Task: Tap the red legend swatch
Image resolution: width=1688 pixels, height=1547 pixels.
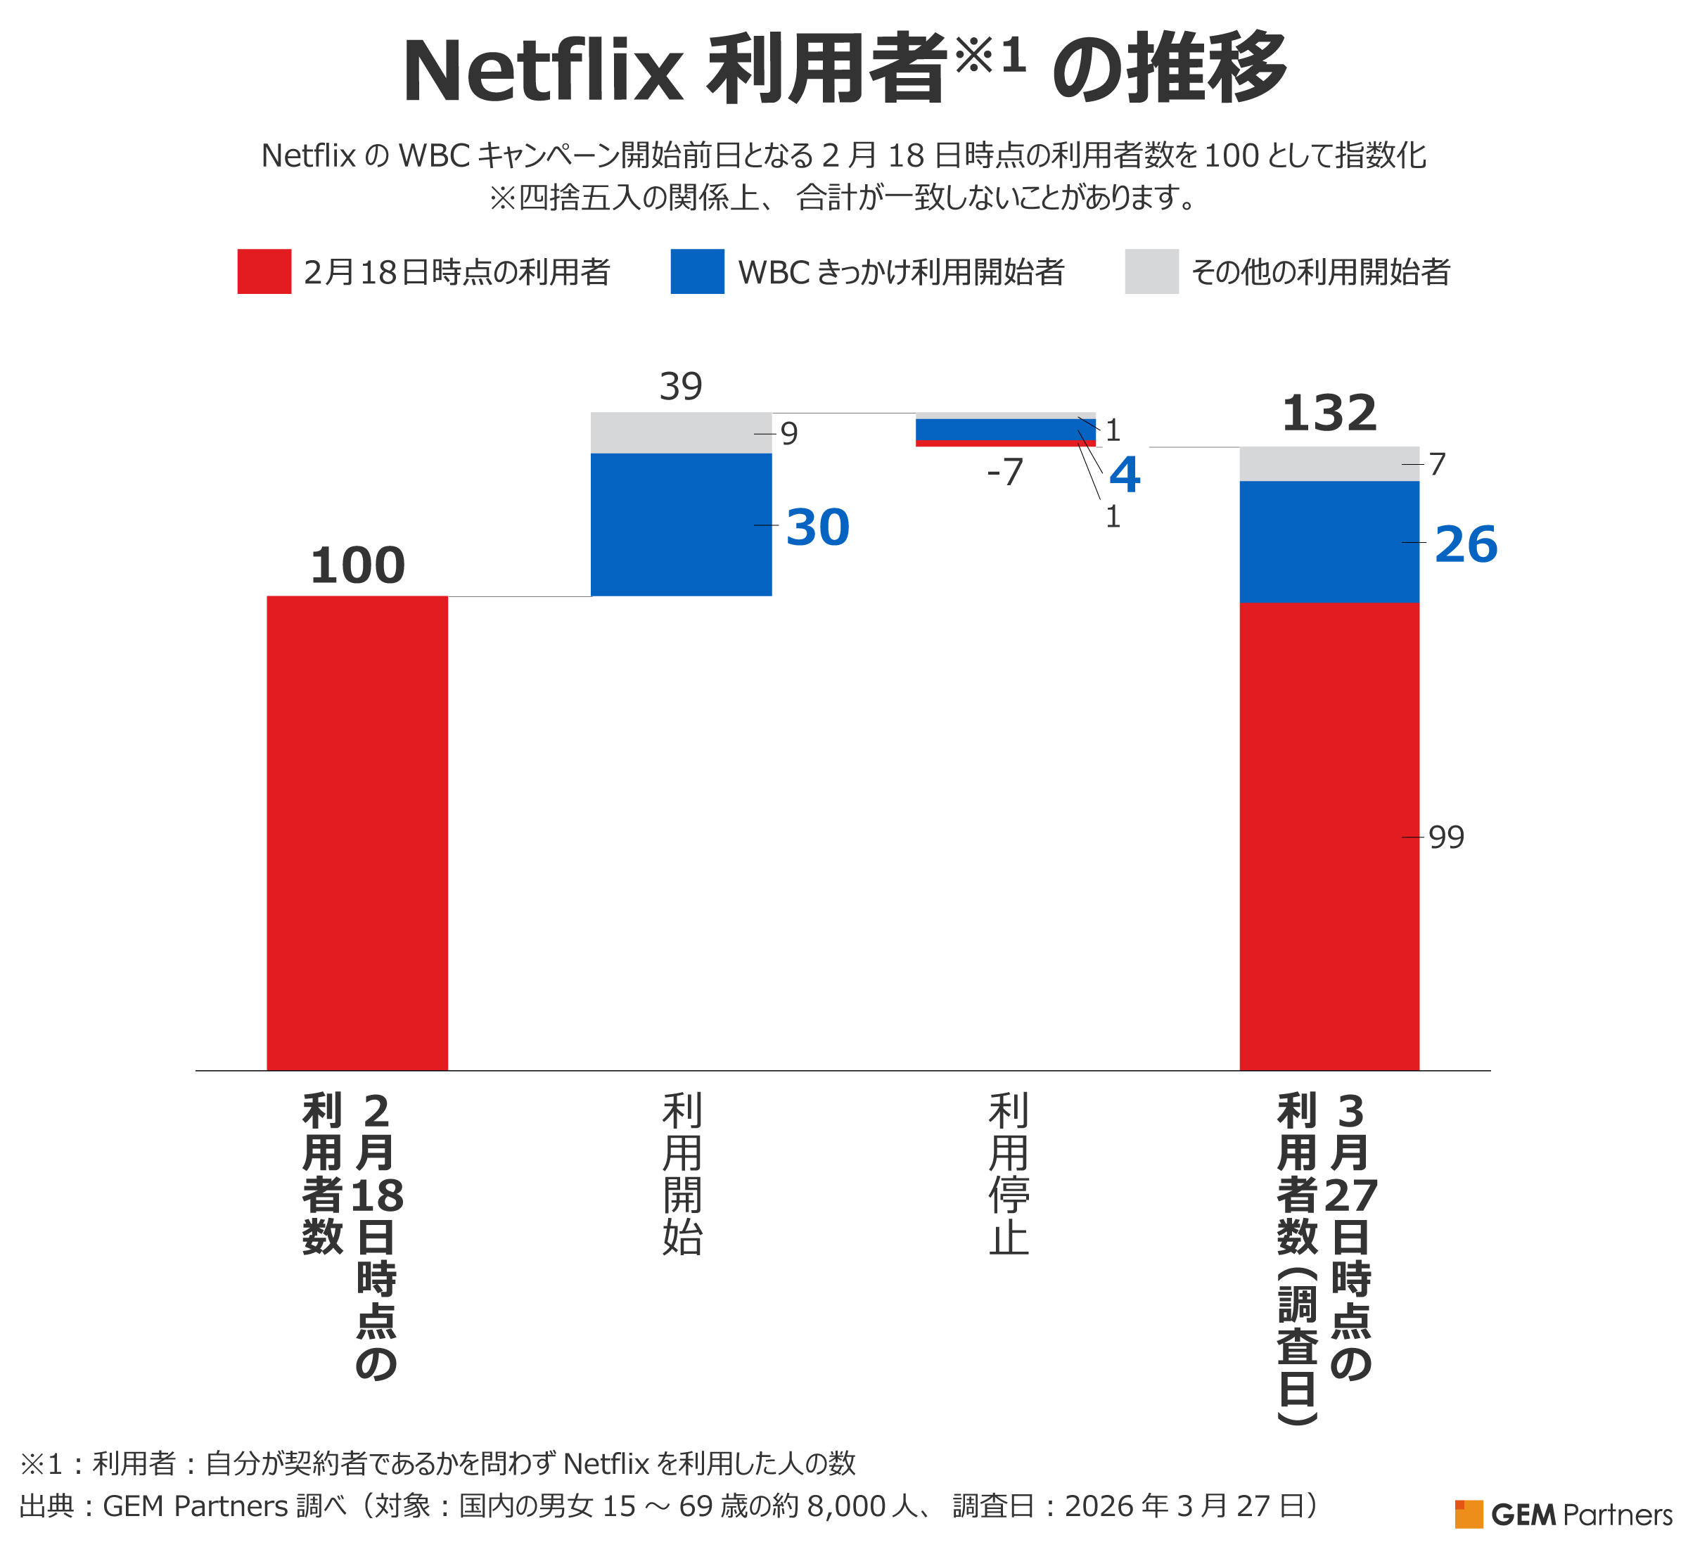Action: tap(264, 271)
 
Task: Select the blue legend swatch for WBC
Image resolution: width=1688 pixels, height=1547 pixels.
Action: tap(698, 271)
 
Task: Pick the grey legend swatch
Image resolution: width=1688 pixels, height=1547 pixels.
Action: tap(1151, 271)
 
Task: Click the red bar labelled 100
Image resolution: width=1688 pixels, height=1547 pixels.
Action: tap(357, 833)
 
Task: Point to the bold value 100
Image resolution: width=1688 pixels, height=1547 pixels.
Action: tap(357, 566)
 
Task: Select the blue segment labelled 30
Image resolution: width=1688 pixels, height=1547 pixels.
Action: tap(681, 525)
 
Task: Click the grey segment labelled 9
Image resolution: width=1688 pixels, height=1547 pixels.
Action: tap(681, 432)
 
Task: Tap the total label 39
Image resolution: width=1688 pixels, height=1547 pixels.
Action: tap(681, 387)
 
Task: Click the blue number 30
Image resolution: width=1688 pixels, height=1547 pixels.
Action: tap(817, 528)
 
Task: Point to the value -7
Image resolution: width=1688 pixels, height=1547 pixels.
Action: tap(1005, 472)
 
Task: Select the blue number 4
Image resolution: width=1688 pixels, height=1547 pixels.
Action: tap(1124, 475)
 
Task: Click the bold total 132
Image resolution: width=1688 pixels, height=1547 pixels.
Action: tap(1329, 413)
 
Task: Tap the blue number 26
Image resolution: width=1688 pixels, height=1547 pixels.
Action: tap(1465, 545)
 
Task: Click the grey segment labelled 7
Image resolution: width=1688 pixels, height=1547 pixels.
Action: tap(1329, 464)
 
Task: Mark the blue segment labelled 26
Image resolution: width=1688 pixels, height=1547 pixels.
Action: tap(1329, 541)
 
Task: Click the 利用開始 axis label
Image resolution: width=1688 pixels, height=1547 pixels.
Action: tap(682, 1174)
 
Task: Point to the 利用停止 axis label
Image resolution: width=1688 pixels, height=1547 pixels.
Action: tap(1008, 1174)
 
